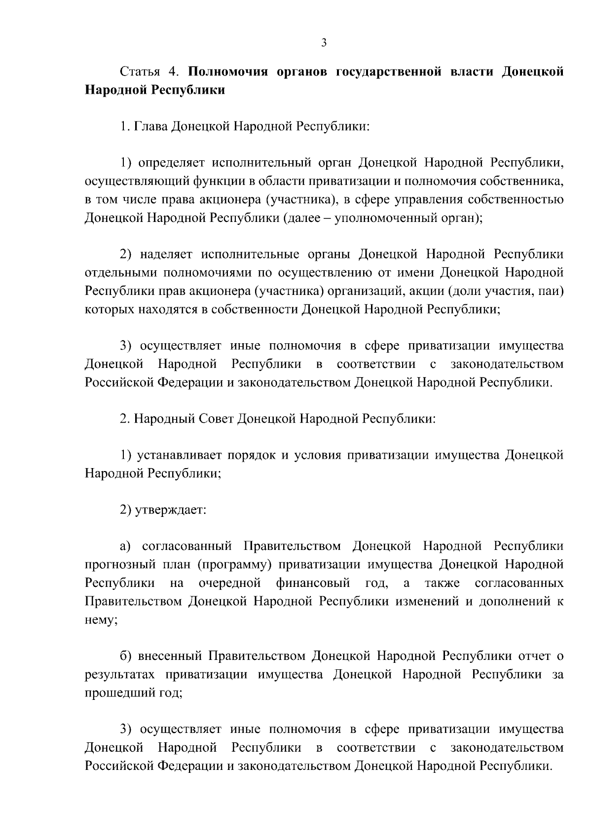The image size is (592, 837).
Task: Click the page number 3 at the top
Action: coord(324,43)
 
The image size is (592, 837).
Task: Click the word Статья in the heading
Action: coord(140,72)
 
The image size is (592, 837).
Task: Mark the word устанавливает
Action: coord(180,455)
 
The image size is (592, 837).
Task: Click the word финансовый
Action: coord(313,583)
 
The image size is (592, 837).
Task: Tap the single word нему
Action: coord(100,620)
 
